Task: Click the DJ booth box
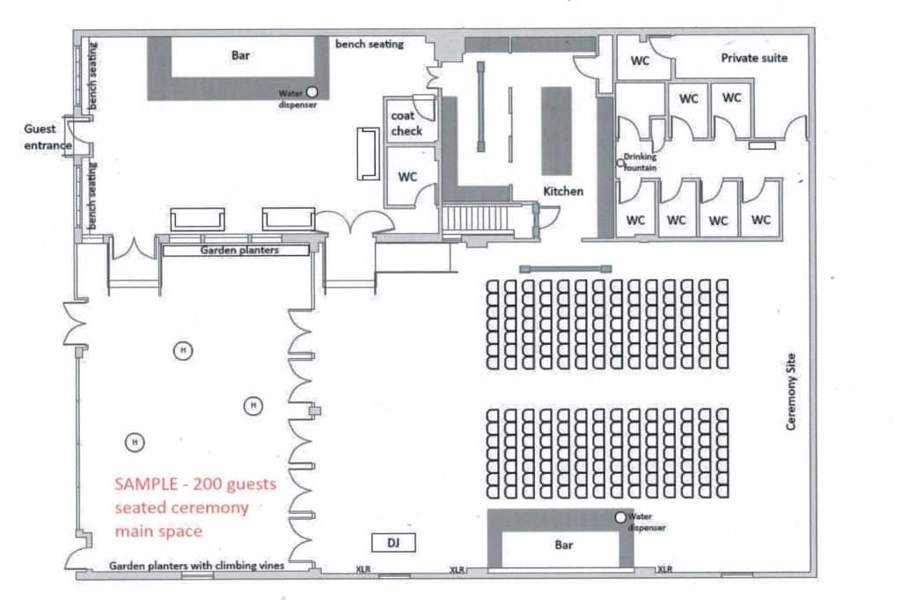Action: coord(393,543)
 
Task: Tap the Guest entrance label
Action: coord(48,136)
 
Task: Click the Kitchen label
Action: coord(563,192)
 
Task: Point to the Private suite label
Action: coord(754,58)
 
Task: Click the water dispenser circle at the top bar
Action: coord(311,92)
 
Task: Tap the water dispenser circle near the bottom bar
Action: coord(620,517)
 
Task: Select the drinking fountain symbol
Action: coord(620,164)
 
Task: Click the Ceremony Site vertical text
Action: coord(791,391)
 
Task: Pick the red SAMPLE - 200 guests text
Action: coord(195,484)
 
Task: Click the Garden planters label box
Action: coord(236,251)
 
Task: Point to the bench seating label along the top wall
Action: coord(370,44)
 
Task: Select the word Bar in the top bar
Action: coord(240,55)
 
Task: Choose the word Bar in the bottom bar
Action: coord(564,545)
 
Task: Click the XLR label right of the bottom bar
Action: coord(665,569)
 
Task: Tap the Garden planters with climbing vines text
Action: coord(196,566)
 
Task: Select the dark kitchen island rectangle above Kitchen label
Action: coord(557,131)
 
